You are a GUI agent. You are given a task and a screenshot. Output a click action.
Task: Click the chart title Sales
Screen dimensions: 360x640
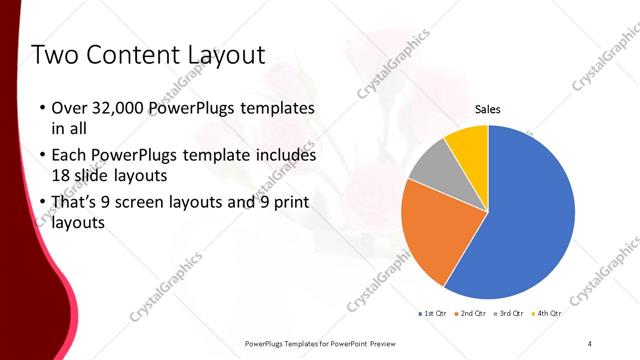pos(487,109)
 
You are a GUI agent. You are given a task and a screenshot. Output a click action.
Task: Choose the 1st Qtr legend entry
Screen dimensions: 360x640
pos(432,313)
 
